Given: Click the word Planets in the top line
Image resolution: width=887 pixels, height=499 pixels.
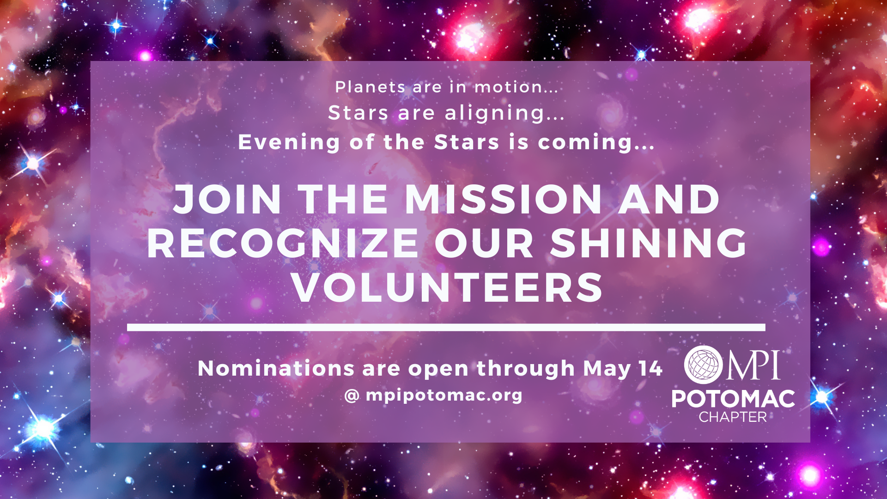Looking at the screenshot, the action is (370, 87).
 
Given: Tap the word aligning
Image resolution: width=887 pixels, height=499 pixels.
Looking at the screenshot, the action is (495, 114).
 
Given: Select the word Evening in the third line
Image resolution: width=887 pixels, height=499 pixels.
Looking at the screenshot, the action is (289, 142).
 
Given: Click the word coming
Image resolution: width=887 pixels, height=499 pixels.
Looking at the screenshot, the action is (585, 143).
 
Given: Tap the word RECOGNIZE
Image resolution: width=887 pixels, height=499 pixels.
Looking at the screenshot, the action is (283, 243).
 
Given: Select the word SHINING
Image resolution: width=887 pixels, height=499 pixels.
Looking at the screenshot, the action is (648, 243).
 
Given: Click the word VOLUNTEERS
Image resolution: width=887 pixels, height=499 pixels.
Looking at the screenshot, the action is (448, 287).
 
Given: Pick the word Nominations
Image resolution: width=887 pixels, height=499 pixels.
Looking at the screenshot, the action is (276, 369).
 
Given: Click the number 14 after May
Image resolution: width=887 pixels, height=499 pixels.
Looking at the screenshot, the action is (650, 369).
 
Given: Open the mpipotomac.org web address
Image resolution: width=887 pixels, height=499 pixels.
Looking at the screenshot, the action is (444, 396).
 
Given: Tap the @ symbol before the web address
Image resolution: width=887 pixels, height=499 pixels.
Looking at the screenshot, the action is (352, 396).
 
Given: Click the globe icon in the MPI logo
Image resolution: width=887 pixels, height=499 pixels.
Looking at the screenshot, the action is (704, 365).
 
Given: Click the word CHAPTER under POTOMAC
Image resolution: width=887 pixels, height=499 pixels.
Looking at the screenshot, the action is (733, 417).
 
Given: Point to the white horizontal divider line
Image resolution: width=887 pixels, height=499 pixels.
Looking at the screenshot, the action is (446, 328).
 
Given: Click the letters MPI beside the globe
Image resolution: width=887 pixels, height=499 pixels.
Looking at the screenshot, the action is (753, 365).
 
